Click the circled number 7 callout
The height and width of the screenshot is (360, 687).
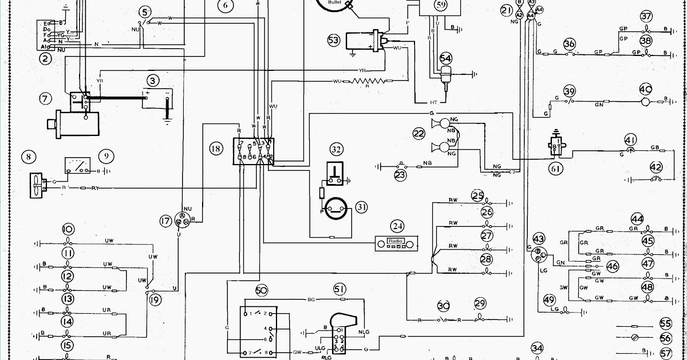pos(45,98)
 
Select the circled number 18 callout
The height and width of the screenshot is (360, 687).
pos(215,149)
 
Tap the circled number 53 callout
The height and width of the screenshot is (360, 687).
pos(334,40)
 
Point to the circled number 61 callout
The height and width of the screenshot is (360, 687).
pos(555,169)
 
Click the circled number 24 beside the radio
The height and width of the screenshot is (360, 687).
pos(397,226)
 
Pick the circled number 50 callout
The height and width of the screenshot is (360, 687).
pos(262,291)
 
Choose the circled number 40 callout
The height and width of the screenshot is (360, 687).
pos(646,89)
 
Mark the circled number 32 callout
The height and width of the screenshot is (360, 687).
pos(336,150)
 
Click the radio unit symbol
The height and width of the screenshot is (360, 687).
pos(396,243)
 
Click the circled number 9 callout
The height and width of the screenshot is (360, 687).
pos(106,155)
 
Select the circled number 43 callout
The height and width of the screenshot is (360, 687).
pos(539,238)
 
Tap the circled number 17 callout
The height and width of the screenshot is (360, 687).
pos(165,221)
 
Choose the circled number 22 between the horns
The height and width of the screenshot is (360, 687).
pos(419,134)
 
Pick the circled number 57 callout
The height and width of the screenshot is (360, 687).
pos(665,353)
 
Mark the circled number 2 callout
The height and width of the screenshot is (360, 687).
pos(44,57)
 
